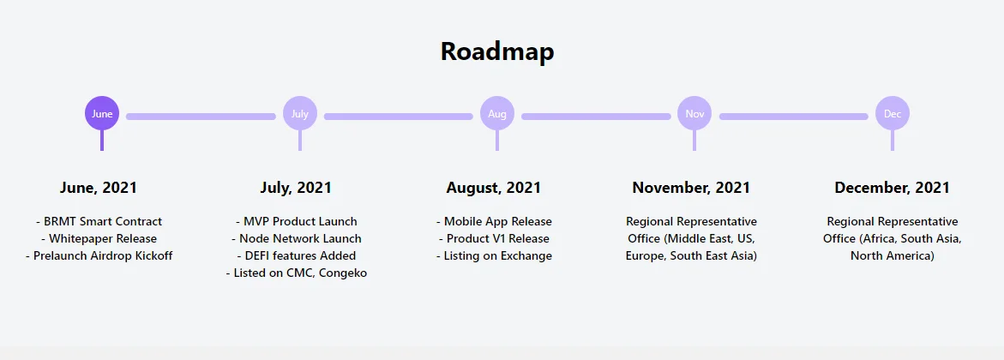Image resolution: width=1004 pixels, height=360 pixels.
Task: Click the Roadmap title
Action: coord(497,51)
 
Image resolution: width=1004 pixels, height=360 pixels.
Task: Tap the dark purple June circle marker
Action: coord(102,113)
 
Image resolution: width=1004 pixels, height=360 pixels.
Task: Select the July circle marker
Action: coord(300,113)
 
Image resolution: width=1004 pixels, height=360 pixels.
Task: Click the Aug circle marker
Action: coord(497,113)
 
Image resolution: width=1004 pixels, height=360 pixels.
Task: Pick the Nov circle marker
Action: coord(694,113)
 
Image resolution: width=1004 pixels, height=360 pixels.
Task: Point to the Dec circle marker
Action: coord(893,113)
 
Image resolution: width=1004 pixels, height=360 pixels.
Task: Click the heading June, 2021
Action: coord(99,188)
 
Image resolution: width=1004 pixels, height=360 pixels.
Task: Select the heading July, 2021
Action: coord(296,188)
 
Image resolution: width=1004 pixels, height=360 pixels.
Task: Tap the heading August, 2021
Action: coord(494,188)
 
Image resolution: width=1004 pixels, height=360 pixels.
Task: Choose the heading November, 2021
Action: coord(692,188)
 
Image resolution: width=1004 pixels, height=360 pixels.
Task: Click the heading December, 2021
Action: coord(892,188)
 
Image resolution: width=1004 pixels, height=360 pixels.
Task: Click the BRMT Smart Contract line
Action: coord(99,222)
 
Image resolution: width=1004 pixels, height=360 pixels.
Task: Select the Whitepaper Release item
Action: coord(99,239)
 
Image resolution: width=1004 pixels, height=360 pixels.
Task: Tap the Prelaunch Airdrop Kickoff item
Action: coord(99,256)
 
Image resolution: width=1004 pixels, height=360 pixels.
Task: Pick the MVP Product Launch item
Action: coord(297,222)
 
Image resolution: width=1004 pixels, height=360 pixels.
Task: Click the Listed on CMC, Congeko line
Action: coord(297,273)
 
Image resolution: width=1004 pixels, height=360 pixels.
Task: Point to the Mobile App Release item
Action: coord(495,222)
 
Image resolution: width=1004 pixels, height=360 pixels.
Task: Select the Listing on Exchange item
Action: coord(495,256)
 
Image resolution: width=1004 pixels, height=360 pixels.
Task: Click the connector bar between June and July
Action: coord(201,117)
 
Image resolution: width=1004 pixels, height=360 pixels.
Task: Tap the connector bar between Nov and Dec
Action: coord(793,117)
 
